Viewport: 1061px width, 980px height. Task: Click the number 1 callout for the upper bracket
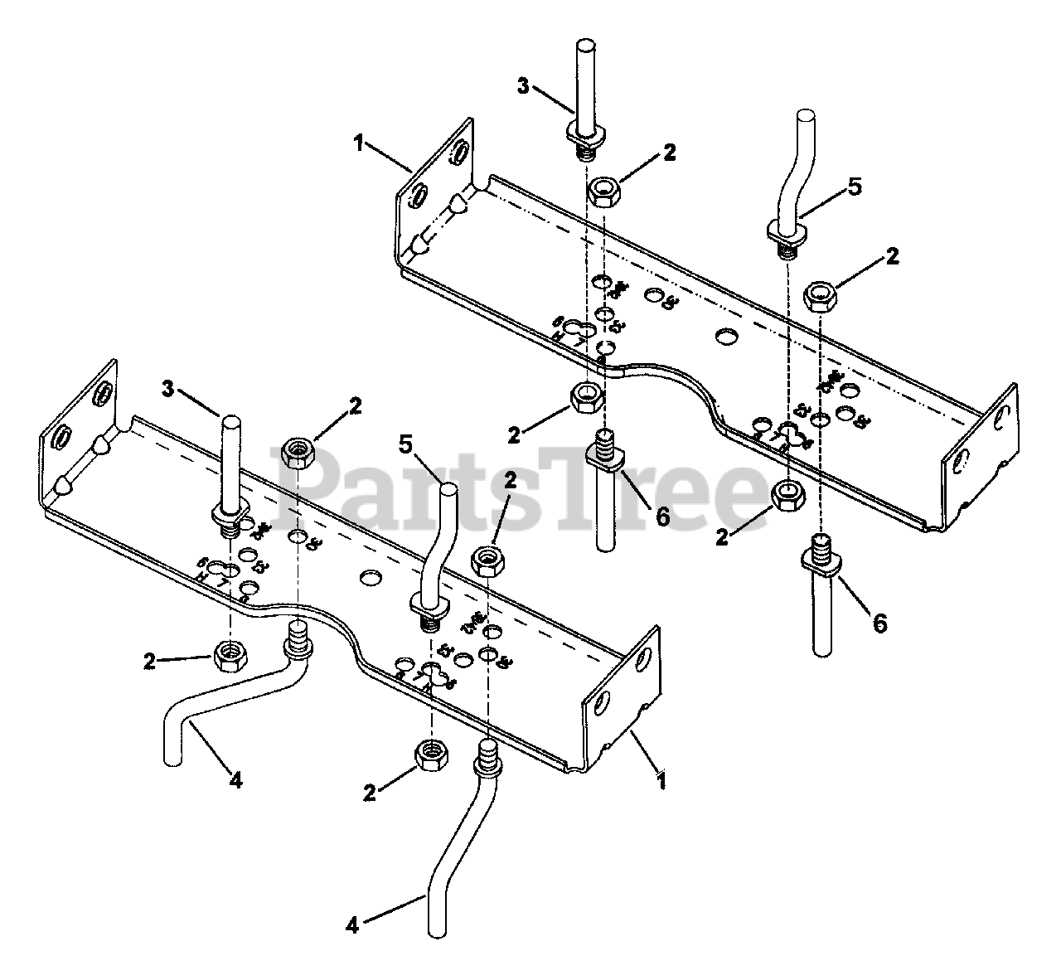[358, 143]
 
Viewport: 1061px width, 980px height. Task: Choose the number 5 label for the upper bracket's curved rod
[855, 187]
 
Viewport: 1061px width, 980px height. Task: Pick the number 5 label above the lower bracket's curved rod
[405, 445]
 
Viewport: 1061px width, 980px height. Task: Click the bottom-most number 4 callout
[352, 924]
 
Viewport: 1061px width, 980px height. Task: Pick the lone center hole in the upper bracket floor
[725, 337]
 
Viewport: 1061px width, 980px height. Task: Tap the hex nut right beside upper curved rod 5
[821, 295]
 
